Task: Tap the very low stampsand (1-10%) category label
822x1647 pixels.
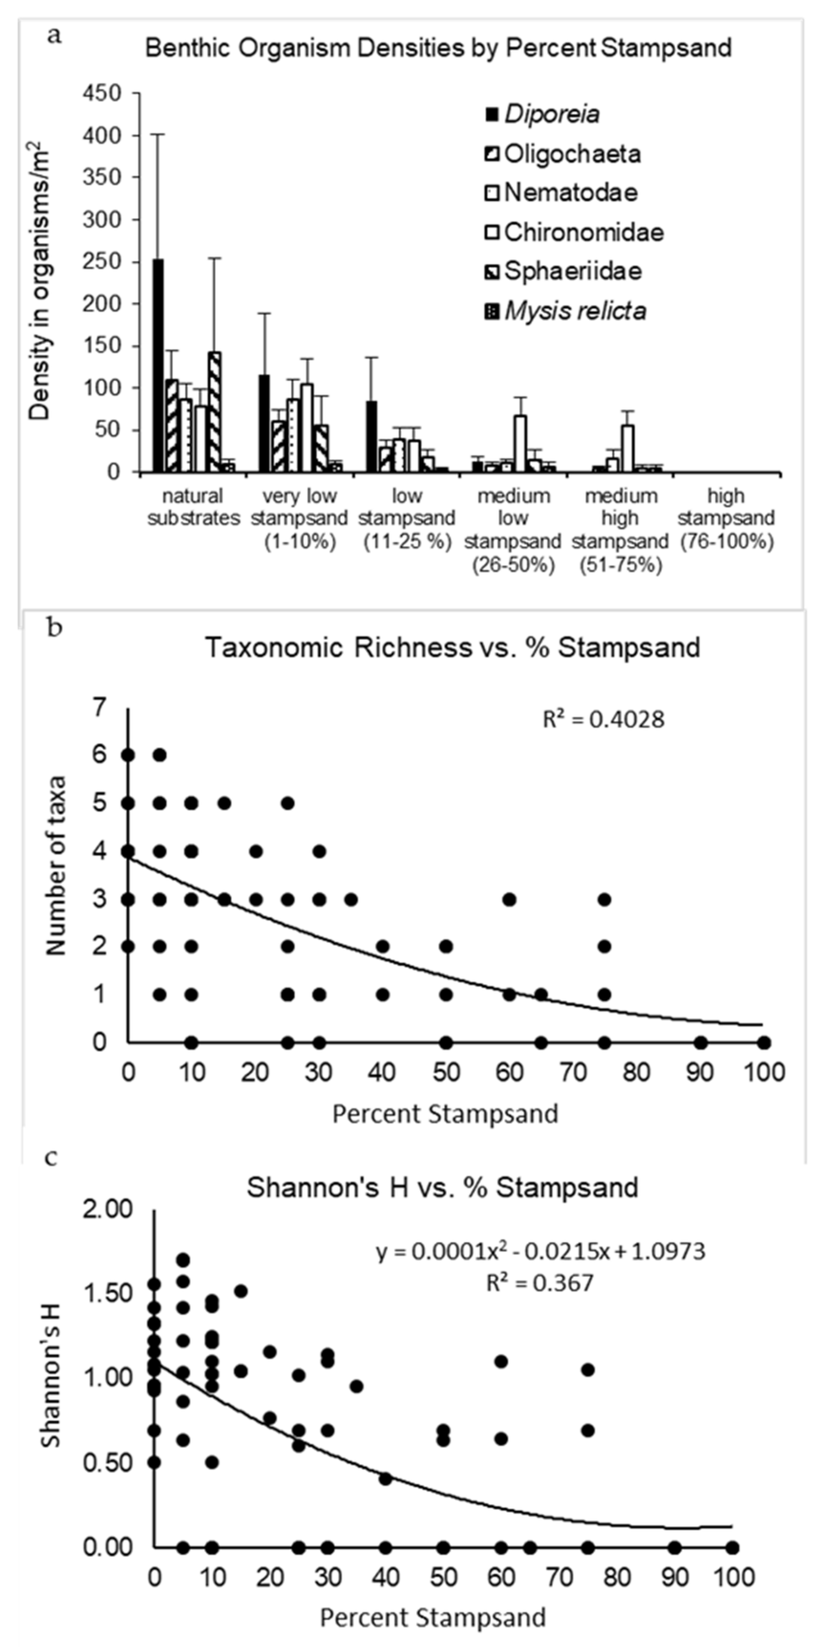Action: point(299,518)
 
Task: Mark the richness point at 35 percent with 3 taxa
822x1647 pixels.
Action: point(350,899)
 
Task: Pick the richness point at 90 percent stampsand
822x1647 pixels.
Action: point(701,1043)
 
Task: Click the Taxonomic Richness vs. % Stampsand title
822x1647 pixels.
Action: point(452,648)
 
